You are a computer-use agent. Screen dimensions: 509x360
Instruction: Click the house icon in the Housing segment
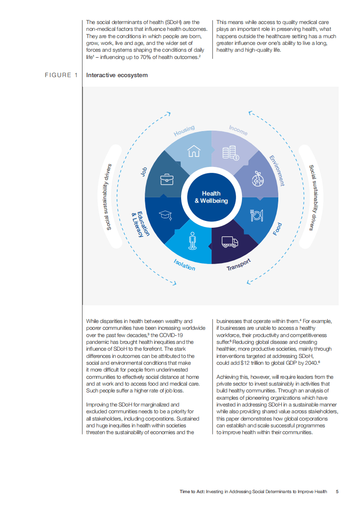pos(194,150)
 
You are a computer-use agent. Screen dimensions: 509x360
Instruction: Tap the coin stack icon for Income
pos(231,152)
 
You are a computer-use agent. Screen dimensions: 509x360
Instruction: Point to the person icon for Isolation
pos(192,240)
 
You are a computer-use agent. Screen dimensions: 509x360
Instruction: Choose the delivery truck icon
pos(230,242)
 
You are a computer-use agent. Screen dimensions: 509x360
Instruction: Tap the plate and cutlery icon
pos(257,215)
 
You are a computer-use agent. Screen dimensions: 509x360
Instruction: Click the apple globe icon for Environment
pos(258,178)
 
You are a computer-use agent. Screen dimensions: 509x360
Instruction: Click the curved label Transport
pos(239,265)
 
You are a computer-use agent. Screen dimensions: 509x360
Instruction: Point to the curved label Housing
pos(184,130)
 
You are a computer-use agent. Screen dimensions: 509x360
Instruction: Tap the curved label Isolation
pos(184,264)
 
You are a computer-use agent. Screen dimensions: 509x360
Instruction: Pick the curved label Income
pos(238,130)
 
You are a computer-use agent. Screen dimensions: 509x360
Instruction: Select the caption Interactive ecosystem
pos(117,75)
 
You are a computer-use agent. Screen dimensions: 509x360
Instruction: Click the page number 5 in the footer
pos(337,491)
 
